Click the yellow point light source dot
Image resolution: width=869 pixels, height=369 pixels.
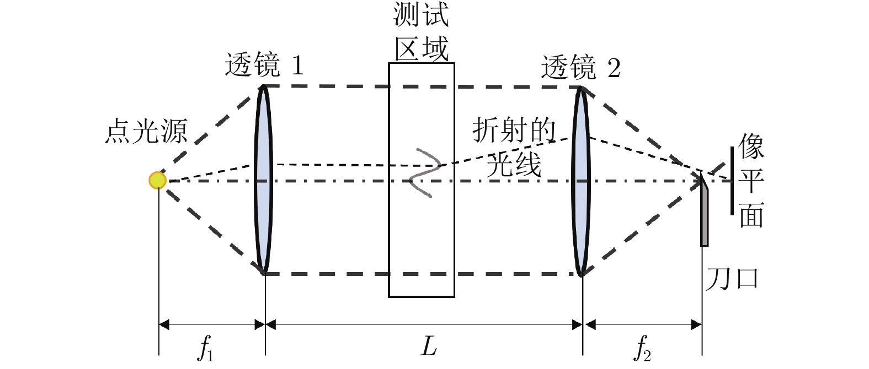[x=157, y=180]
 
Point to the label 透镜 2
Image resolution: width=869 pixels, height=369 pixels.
[x=580, y=68]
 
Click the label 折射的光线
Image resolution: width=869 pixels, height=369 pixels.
[x=514, y=148]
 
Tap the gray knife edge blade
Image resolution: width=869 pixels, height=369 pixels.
[x=704, y=215]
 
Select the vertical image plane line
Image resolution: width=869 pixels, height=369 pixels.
[x=732, y=180]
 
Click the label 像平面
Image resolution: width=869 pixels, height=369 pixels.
[x=751, y=180]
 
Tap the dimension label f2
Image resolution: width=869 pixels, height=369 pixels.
[x=642, y=349]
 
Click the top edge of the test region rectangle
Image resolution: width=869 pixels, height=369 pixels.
[x=422, y=63]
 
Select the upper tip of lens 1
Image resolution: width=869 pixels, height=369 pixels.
[x=264, y=87]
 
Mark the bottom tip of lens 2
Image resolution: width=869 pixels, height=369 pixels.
[x=581, y=274]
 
